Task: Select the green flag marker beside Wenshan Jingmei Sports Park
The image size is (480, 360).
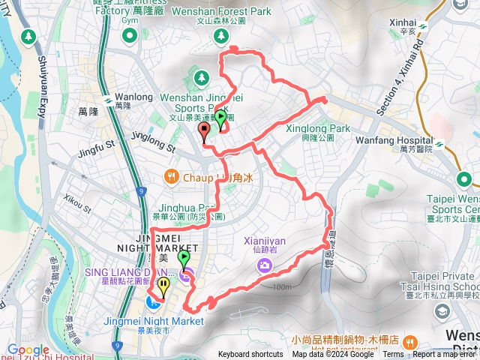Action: pyautogui.click(x=220, y=118)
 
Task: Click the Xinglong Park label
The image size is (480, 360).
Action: pyautogui.click(x=318, y=128)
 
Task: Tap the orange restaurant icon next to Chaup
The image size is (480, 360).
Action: pyautogui.click(x=172, y=178)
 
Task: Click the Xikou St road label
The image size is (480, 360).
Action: pyautogui.click(x=77, y=202)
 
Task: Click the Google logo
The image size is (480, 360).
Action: pyautogui.click(x=28, y=349)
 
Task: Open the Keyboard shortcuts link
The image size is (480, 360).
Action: pyautogui.click(x=250, y=355)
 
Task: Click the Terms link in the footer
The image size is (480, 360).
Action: pyautogui.click(x=393, y=355)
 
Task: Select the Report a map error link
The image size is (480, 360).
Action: pyautogui.click(x=445, y=355)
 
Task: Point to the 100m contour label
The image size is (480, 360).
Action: pyautogui.click(x=282, y=286)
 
